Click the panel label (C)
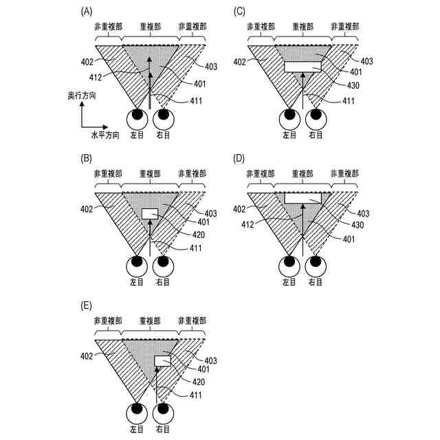(239, 10)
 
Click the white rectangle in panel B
(150, 213)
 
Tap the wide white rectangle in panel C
(302, 67)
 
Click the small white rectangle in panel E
(163, 360)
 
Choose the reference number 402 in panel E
(87, 356)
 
